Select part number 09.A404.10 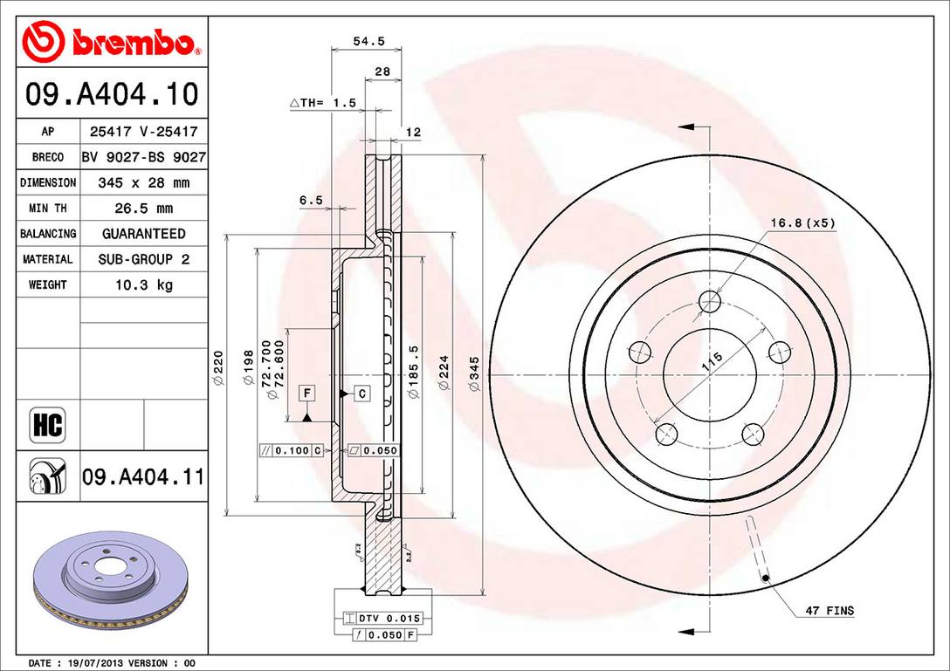[x=112, y=93]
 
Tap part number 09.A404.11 [x=143, y=477]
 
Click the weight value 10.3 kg [x=143, y=284]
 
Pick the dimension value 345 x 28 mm [x=143, y=183]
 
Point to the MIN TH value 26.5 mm [x=143, y=209]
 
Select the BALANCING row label [x=48, y=234]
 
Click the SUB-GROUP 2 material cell [x=143, y=259]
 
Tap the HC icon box [x=48, y=426]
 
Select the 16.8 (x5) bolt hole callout [x=802, y=223]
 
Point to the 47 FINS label [x=830, y=611]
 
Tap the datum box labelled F [x=306, y=394]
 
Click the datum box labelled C [x=362, y=394]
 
